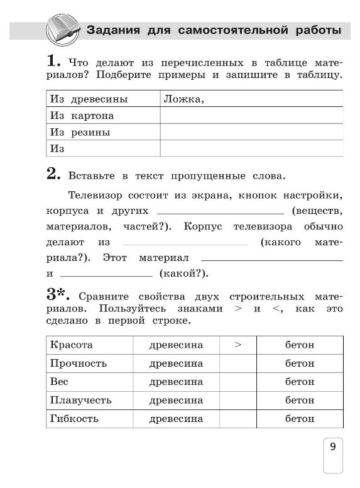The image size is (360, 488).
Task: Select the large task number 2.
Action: click(x=53, y=174)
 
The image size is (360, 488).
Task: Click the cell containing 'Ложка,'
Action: click(x=251, y=99)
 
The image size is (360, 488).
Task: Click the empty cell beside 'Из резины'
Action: click(x=251, y=132)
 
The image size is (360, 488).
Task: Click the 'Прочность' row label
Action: click(x=79, y=363)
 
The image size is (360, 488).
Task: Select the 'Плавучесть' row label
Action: click(x=81, y=400)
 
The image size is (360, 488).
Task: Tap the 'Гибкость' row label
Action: click(x=77, y=418)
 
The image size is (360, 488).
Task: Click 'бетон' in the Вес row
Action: click(x=300, y=382)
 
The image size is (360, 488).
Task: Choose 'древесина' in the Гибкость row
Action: click(x=176, y=418)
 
